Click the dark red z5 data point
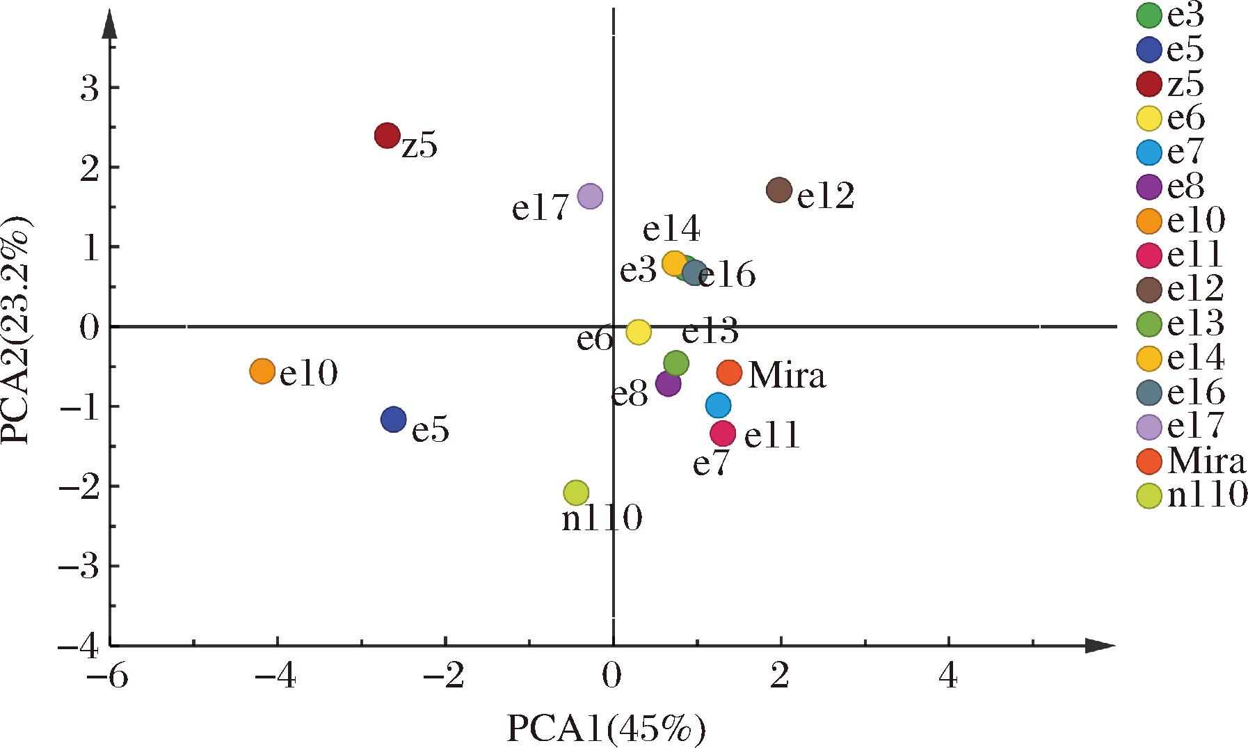387,135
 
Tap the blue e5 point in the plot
394,420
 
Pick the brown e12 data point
779,190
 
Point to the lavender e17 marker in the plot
590,196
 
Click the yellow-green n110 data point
575,493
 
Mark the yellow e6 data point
638,332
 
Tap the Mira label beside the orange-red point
787,376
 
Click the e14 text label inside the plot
671,230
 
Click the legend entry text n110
1208,495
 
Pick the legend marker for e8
1151,186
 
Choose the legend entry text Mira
1208,461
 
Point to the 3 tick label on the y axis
89,88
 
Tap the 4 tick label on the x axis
948,677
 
